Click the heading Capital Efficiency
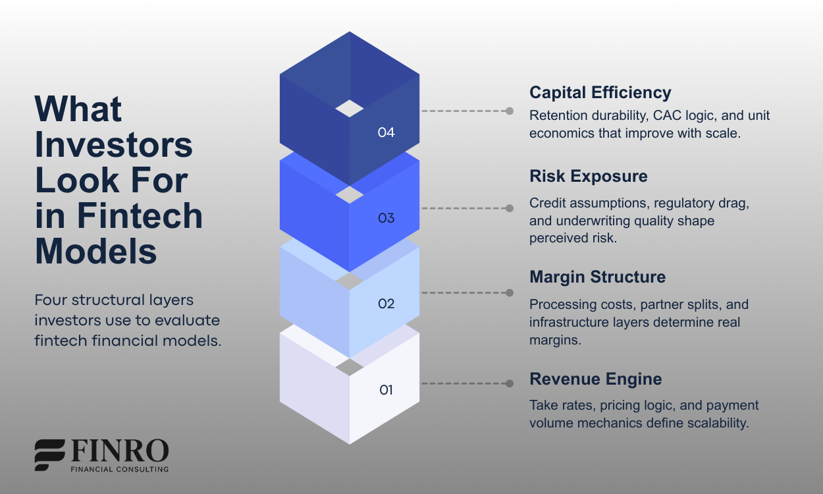[x=600, y=93]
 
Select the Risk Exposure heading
[x=588, y=177]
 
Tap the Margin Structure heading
[x=597, y=277]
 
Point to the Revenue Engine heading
[x=595, y=379]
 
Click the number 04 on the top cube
[x=386, y=132]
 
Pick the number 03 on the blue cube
[x=386, y=218]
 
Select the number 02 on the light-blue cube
[x=386, y=304]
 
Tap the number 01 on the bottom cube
[x=386, y=390]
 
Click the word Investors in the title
[x=113, y=145]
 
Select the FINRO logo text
[x=119, y=452]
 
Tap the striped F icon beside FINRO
[x=49, y=454]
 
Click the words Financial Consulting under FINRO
[x=119, y=470]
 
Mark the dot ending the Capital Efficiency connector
[x=510, y=111]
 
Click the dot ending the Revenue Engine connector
[x=510, y=383]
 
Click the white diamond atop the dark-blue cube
[x=349, y=109]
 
